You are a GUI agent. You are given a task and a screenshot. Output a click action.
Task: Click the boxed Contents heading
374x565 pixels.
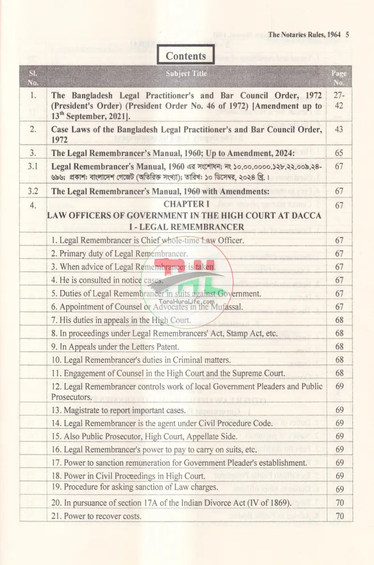186,56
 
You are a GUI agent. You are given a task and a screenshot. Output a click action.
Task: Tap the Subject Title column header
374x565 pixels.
186,73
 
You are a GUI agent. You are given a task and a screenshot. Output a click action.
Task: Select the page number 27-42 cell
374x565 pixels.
339,100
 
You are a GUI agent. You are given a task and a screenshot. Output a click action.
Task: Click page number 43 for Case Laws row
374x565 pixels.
339,129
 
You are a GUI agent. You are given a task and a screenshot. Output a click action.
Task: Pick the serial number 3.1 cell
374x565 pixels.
33,166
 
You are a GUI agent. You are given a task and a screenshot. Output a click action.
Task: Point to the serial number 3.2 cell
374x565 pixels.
33,191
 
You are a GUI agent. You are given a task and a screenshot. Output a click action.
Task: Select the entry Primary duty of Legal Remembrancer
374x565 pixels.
120,253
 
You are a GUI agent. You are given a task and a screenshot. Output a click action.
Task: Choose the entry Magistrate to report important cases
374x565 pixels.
118,410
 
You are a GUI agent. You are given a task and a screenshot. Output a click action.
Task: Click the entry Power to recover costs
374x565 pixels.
97,516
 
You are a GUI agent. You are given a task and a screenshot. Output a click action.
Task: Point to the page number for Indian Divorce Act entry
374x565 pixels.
339,503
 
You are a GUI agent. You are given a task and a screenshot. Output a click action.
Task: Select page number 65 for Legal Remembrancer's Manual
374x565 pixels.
339,153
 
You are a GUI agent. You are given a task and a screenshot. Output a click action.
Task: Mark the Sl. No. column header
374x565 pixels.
33,78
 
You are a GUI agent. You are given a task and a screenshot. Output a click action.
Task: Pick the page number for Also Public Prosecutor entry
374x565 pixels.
339,436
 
